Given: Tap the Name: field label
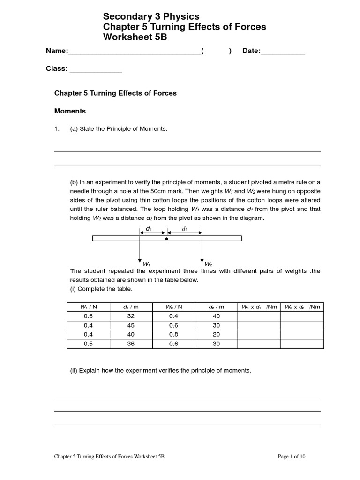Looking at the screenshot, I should pos(57,51).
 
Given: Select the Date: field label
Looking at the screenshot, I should pos(251,51).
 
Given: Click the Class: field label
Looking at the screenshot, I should pos(57,69).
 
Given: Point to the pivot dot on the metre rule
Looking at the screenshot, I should pos(166,239).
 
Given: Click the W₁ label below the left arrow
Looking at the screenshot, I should pos(147,264).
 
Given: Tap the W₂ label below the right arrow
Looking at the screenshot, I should pos(208,264).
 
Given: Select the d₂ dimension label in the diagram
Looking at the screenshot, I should pos(184,229).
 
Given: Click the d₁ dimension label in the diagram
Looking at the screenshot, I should pos(149,229).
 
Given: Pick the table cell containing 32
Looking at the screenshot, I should pos(131,316).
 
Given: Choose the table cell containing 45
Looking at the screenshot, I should pos(131,325).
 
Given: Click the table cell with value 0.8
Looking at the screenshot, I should pos(173,335).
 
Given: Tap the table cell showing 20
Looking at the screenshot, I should pos(216,335).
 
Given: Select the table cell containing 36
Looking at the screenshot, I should pos(131,344).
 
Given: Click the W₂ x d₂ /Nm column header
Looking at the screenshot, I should pos(302,307).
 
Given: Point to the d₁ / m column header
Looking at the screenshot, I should pos(131,307).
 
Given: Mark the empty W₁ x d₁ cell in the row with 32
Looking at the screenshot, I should pos(259,316).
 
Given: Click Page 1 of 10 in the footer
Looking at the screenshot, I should pos(292,456).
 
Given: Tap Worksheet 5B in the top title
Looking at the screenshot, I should pos(135,37).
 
